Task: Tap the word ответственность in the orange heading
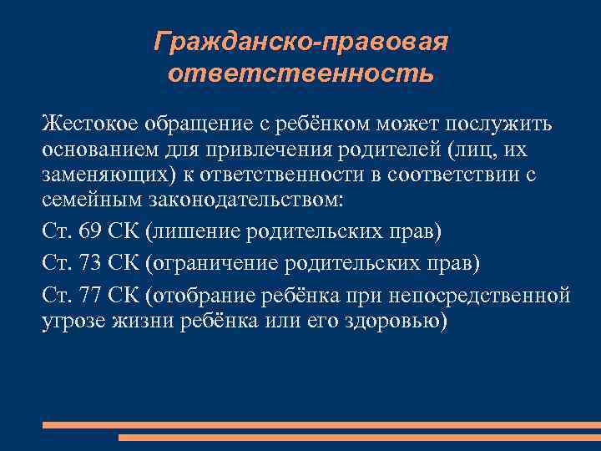pyautogui.click(x=300, y=73)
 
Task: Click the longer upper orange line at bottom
pyautogui.click(x=321, y=425)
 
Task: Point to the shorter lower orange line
pyautogui.click(x=359, y=437)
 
